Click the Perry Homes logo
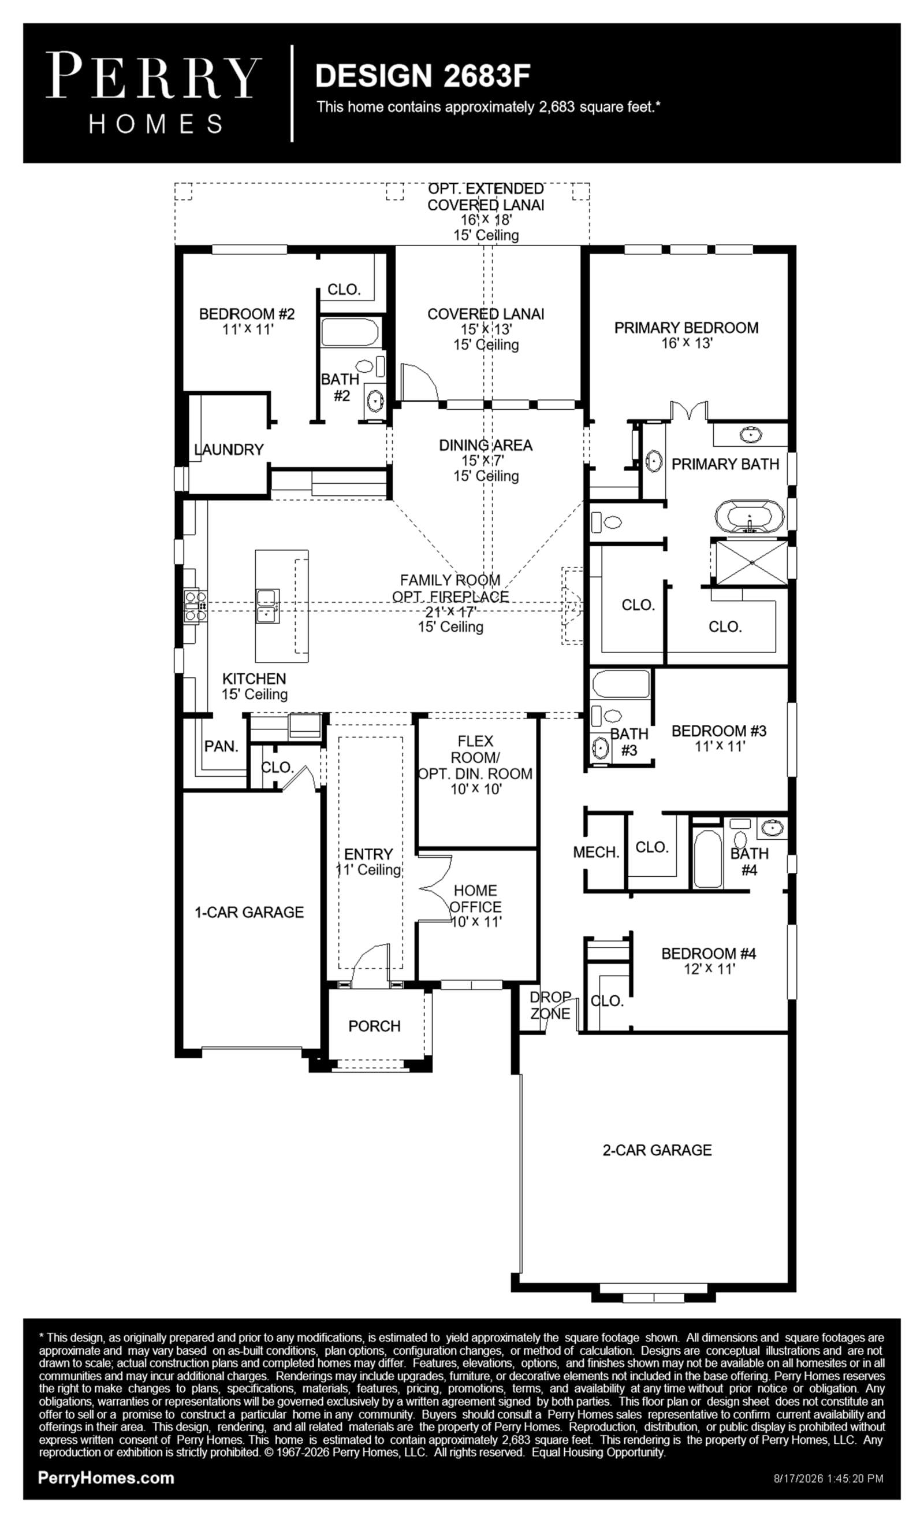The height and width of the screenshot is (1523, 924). tap(154, 92)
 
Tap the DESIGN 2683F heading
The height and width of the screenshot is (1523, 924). tap(423, 76)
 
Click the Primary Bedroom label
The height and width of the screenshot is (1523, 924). tap(686, 328)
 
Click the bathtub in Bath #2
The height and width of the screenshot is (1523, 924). tap(349, 332)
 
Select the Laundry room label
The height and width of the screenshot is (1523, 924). tap(229, 449)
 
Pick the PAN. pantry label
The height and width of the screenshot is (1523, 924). tap(221, 747)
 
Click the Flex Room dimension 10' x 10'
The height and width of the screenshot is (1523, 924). tap(476, 790)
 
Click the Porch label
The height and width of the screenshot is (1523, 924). tap(374, 1026)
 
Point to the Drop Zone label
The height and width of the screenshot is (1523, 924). tap(550, 1006)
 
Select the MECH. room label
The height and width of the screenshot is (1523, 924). tap(595, 853)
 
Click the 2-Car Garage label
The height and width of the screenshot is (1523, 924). tap(657, 1150)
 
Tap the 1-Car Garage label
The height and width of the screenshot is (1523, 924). tap(249, 912)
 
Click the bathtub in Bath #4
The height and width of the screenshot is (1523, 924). tap(707, 859)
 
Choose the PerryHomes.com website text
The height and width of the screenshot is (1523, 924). tap(106, 1478)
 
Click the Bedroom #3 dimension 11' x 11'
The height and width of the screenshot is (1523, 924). tap(720, 746)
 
